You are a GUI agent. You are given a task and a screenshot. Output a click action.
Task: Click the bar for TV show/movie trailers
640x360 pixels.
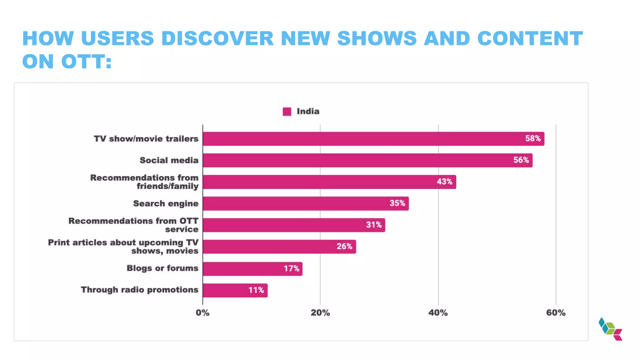(373, 139)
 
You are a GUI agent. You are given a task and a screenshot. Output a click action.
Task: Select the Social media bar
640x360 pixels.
(367, 160)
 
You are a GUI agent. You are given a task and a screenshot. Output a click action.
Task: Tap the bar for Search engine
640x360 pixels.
(305, 203)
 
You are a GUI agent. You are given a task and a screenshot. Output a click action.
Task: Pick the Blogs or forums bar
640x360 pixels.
(252, 269)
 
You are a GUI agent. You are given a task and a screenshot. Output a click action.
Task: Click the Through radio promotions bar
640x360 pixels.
(235, 290)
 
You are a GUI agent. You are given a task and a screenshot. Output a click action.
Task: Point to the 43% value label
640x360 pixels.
(444, 182)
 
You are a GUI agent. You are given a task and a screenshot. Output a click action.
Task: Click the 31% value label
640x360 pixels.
(374, 225)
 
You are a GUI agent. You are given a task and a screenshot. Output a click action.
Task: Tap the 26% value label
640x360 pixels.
(344, 247)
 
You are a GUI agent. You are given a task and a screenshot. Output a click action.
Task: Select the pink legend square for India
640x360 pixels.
(287, 112)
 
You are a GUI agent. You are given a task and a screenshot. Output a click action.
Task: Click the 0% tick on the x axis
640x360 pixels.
(202, 313)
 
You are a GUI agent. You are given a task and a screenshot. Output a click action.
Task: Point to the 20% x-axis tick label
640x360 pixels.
(320, 313)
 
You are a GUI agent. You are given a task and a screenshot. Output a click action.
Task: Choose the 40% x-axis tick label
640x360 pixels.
(438, 313)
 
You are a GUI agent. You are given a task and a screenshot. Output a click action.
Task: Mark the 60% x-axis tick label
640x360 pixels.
(556, 313)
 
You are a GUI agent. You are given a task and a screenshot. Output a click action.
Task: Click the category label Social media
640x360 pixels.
(169, 160)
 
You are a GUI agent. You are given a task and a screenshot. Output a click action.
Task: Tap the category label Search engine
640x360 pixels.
(166, 203)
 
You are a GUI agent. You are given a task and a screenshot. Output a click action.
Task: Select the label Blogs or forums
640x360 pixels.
(162, 268)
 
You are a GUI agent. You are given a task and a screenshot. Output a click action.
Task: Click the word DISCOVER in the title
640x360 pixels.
(217, 38)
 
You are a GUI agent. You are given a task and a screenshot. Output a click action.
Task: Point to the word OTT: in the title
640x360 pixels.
(86, 61)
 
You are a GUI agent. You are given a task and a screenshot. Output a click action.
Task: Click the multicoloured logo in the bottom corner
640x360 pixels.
(610, 329)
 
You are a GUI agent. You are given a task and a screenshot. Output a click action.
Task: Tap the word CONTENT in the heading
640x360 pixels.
(530, 38)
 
